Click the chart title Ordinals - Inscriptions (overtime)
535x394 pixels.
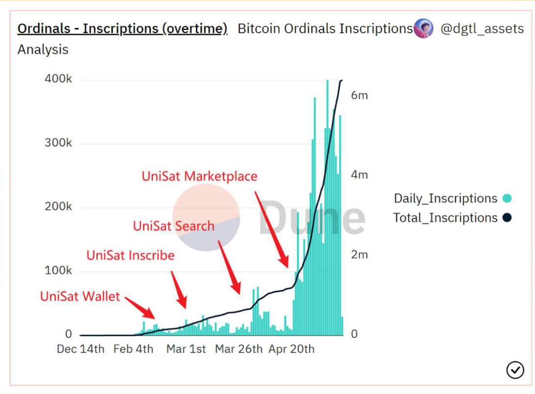point(122,29)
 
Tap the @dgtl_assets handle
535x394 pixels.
point(482,29)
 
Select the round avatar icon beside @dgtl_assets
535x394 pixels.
point(423,28)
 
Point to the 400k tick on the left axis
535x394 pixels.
point(58,79)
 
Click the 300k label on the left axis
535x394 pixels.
point(58,143)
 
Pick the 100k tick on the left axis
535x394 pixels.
point(58,271)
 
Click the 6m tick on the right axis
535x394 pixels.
point(359,96)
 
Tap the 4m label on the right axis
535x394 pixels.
point(359,175)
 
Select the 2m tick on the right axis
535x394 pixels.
point(359,254)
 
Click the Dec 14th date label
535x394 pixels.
point(80,349)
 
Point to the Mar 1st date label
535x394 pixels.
point(186,349)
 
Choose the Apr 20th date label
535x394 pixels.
point(292,349)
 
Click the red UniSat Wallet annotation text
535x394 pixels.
point(80,296)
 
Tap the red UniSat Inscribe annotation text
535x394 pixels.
point(130,255)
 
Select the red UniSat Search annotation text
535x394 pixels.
point(173,226)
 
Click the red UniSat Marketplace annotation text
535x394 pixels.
point(199,176)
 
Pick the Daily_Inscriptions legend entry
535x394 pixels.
point(445,198)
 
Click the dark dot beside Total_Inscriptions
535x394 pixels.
point(507,218)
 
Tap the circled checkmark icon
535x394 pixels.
point(515,370)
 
